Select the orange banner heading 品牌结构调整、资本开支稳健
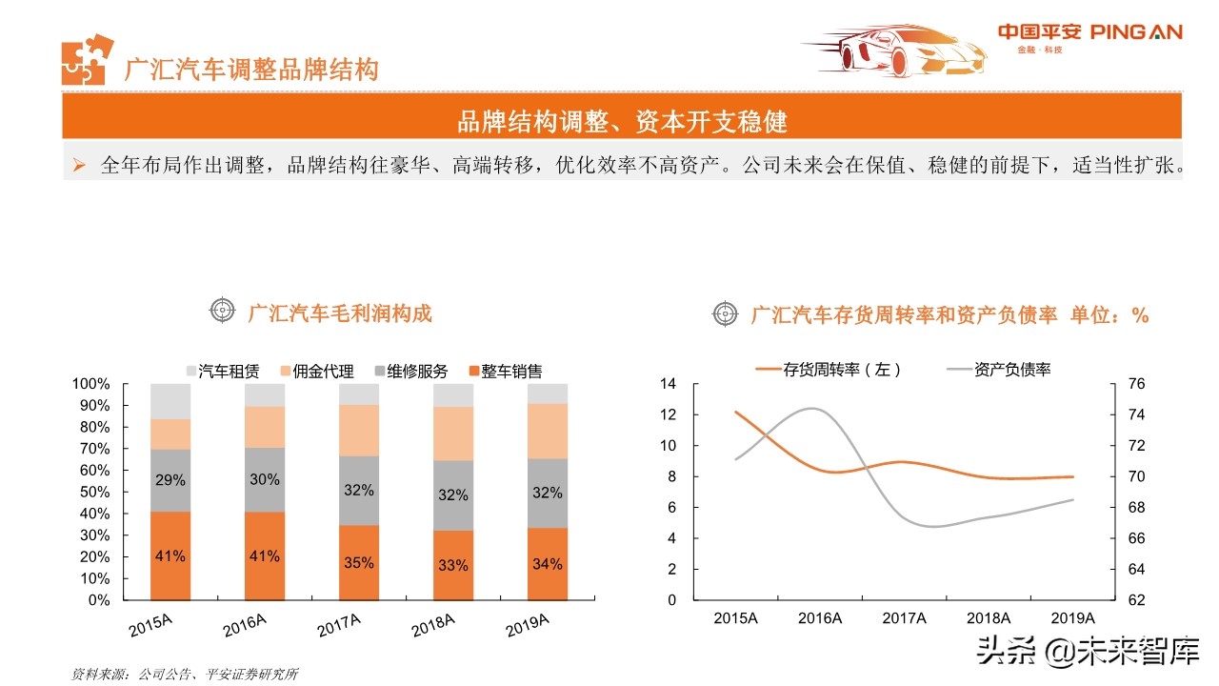(622, 122)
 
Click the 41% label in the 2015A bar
(170, 555)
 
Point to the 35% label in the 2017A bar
(358, 563)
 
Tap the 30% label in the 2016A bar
(264, 480)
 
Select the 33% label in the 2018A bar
(452, 565)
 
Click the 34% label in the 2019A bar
(547, 564)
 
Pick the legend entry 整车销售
(505, 372)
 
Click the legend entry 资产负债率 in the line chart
(999, 370)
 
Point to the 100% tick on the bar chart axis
(90, 384)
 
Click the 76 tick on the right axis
(1135, 384)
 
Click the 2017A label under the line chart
(904, 617)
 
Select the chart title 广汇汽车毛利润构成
(339, 313)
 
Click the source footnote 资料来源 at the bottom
(185, 674)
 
